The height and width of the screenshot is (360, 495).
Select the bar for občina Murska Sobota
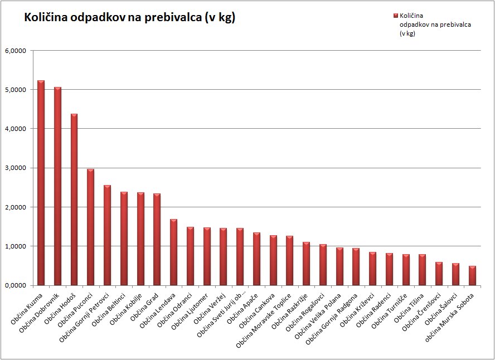(x=472, y=275)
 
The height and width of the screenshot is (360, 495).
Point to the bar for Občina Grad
(x=157, y=239)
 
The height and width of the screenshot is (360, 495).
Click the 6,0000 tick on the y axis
(x=15, y=51)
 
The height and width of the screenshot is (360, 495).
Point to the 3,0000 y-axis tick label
(x=15, y=168)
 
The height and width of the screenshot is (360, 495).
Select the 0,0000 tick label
(x=15, y=285)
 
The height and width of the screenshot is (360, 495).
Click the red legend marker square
(x=395, y=16)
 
